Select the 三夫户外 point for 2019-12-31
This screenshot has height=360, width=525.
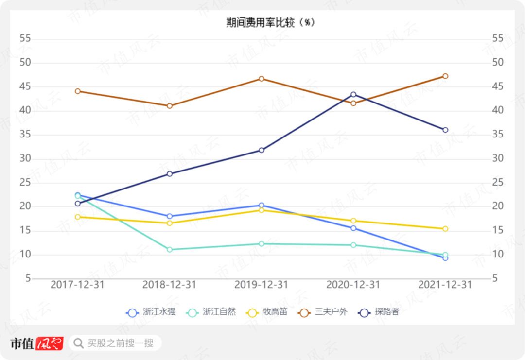(262, 79)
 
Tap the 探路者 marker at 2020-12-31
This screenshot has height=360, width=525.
(353, 94)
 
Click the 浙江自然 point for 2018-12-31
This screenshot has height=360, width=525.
(170, 250)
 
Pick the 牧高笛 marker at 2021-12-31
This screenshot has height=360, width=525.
(445, 229)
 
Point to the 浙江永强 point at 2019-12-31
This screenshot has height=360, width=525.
(262, 206)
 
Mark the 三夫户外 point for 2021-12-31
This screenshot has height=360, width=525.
(445, 76)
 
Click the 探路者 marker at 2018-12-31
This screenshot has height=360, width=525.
(170, 174)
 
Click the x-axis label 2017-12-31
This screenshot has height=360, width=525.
(78, 285)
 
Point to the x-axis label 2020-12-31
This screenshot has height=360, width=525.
(353, 285)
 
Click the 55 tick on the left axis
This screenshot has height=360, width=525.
(25, 38)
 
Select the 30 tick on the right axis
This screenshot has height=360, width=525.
(498, 159)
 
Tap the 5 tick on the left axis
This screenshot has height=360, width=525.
(28, 278)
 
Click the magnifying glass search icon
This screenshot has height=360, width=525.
(78, 343)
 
